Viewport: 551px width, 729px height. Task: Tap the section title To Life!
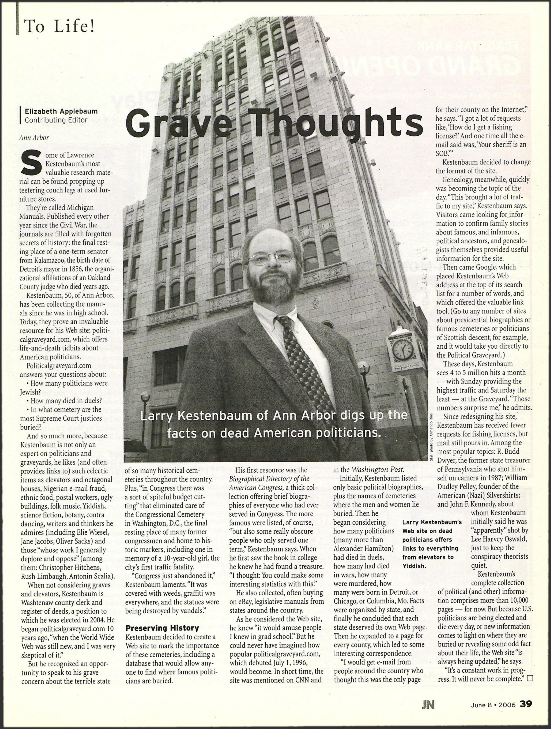click(59, 26)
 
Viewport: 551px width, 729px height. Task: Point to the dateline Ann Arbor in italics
click(34, 138)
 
